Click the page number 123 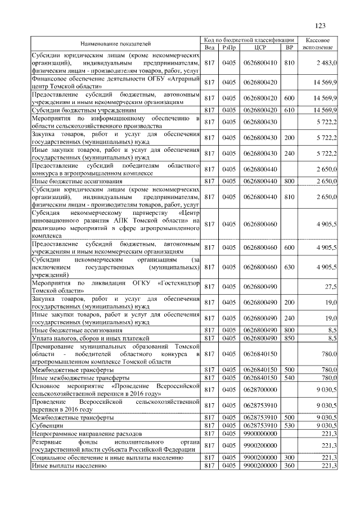pyautogui.click(x=321, y=26)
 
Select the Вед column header pyautogui.click(x=209, y=47)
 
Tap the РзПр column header pyautogui.click(x=228, y=47)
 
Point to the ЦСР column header pyautogui.click(x=260, y=47)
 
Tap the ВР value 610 pyautogui.click(x=289, y=110)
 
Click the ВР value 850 pyautogui.click(x=289, y=338)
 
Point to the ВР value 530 pyautogui.click(x=289, y=426)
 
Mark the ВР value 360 pyautogui.click(x=289, y=466)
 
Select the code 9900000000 pyautogui.click(x=260, y=434)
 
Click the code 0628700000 pyautogui.click(x=260, y=389)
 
